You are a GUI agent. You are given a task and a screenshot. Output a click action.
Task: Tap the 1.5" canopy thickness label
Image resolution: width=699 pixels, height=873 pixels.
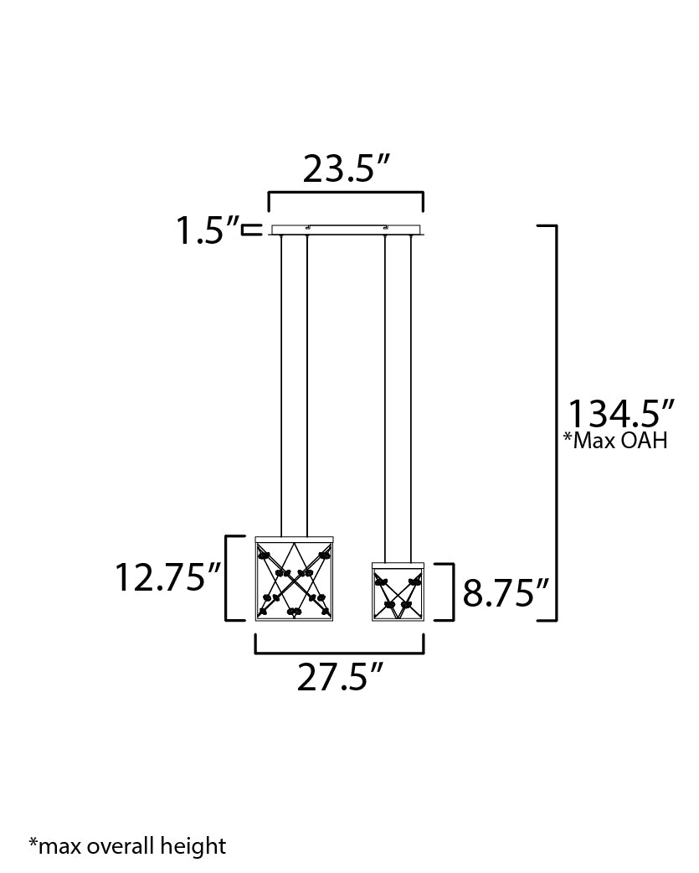(x=208, y=230)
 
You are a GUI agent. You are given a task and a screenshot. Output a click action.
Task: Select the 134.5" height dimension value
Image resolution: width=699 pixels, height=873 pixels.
(x=620, y=414)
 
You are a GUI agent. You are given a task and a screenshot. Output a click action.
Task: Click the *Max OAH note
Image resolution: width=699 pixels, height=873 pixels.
(x=615, y=441)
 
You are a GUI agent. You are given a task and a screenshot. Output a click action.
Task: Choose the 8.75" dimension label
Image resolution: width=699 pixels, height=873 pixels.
(x=506, y=593)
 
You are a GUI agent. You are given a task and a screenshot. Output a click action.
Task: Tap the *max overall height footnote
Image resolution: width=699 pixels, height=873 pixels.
(x=127, y=845)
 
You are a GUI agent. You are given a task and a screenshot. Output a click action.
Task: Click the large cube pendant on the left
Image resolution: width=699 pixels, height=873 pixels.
(x=294, y=578)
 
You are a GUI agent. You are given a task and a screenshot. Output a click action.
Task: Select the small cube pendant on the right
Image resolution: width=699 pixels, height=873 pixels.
(x=398, y=591)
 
